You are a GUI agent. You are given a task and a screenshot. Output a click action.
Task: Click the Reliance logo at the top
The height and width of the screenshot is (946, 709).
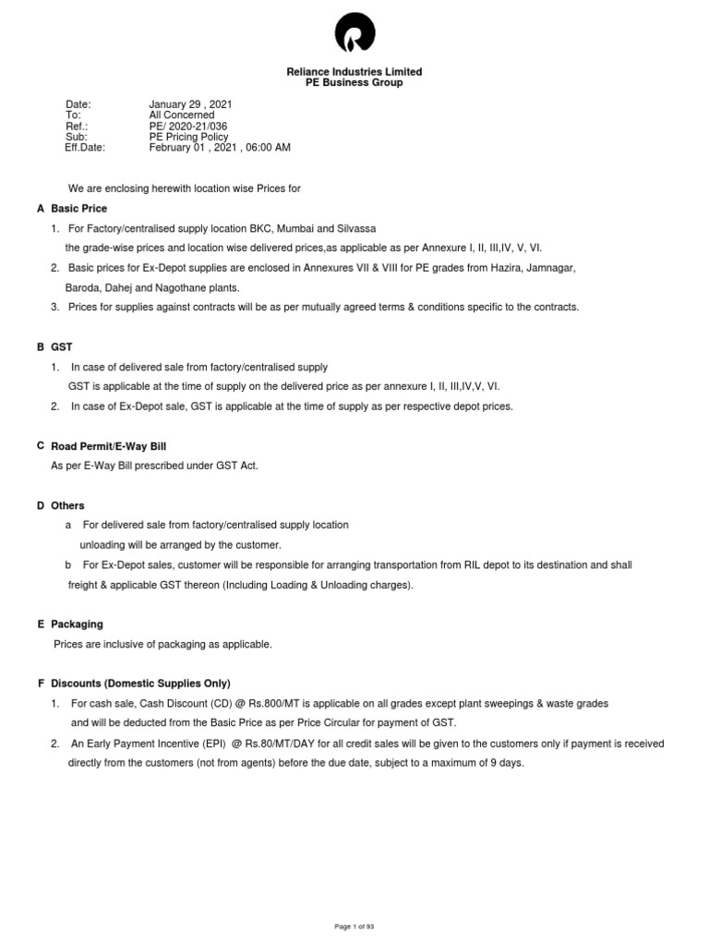pyautogui.click(x=354, y=34)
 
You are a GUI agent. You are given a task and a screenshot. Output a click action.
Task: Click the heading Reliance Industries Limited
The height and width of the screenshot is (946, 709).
pyautogui.click(x=354, y=72)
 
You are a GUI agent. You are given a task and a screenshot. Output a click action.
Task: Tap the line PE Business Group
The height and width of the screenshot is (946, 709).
pyautogui.click(x=354, y=83)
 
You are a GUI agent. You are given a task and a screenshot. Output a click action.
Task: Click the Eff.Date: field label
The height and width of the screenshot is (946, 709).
pyautogui.click(x=85, y=147)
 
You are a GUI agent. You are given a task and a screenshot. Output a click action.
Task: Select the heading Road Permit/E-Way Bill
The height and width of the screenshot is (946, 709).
pyautogui.click(x=109, y=446)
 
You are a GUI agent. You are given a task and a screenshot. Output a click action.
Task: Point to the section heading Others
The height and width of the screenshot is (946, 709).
pyautogui.click(x=67, y=505)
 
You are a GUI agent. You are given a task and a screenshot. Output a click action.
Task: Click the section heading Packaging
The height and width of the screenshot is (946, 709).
pyautogui.click(x=77, y=625)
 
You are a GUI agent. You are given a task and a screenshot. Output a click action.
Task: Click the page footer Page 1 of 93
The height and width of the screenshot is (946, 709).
pyautogui.click(x=354, y=926)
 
